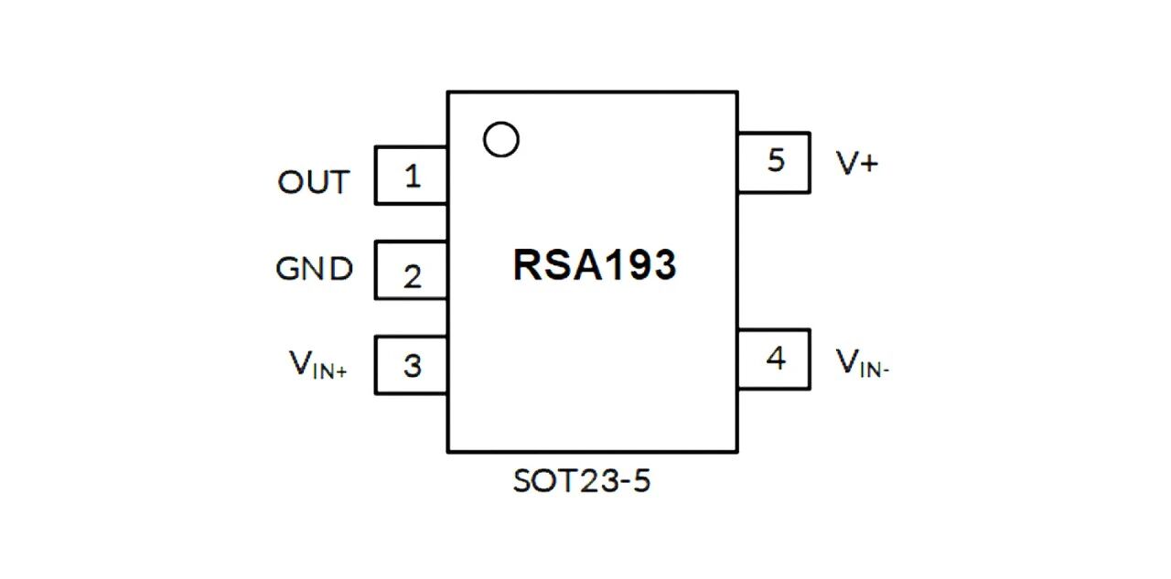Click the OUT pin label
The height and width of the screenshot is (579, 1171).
point(313,182)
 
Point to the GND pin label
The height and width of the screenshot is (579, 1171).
point(314,269)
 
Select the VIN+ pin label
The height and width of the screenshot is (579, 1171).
point(317,364)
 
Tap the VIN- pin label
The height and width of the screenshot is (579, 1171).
point(862,362)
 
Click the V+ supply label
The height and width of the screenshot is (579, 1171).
point(857,163)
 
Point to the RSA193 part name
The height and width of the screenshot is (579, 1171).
point(595,265)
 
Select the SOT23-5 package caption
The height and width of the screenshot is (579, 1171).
point(582,481)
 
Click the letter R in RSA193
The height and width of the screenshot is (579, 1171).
point(526,265)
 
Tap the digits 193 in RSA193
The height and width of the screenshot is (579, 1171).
point(639,265)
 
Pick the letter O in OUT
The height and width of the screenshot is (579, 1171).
point(290,182)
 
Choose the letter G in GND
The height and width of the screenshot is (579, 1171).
point(288,269)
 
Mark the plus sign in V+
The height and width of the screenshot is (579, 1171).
point(869,165)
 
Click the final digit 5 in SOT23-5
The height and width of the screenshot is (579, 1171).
point(642,481)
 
